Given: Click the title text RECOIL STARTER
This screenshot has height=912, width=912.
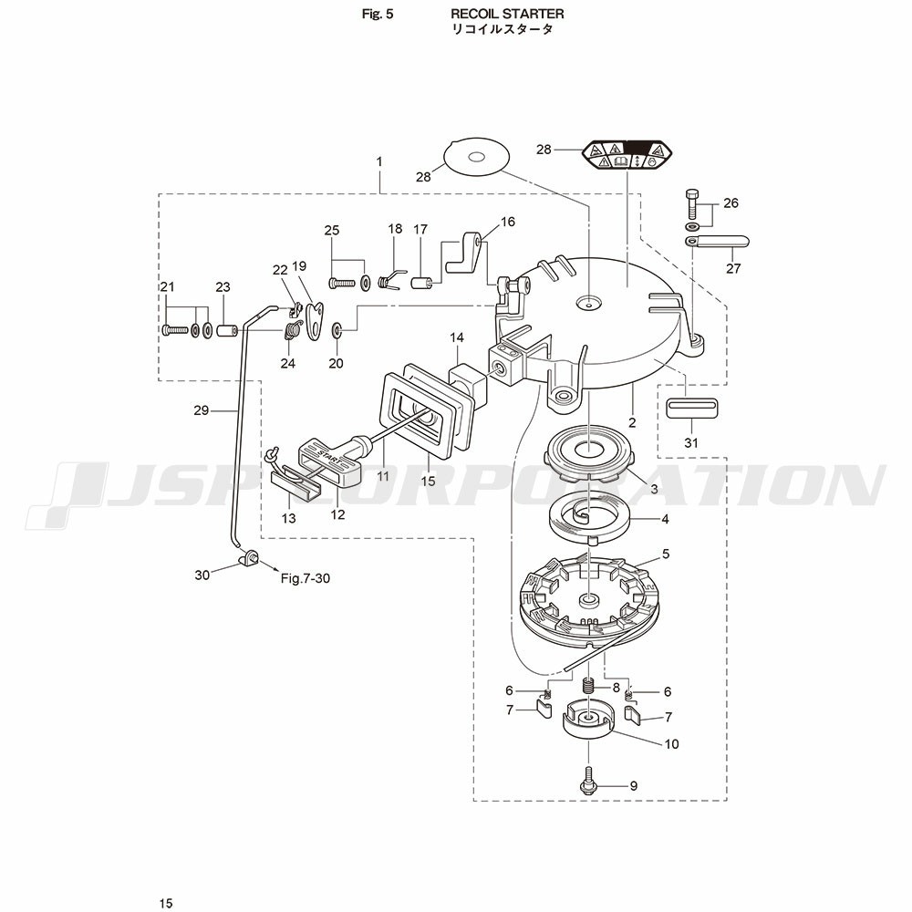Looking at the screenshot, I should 507,14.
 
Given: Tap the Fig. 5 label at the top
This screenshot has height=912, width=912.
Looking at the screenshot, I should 377,14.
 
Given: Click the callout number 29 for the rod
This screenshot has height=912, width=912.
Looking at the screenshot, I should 202,410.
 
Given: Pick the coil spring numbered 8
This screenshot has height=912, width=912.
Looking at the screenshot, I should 589,686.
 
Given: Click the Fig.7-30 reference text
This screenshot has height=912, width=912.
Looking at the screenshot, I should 305,578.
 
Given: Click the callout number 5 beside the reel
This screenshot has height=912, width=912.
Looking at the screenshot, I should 666,554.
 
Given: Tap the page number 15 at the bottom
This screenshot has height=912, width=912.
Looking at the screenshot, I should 165,903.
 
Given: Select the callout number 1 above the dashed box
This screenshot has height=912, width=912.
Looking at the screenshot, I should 378,161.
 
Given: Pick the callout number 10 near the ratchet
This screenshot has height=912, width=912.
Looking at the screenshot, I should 671,744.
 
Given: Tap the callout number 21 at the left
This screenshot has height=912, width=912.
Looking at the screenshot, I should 167,288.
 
